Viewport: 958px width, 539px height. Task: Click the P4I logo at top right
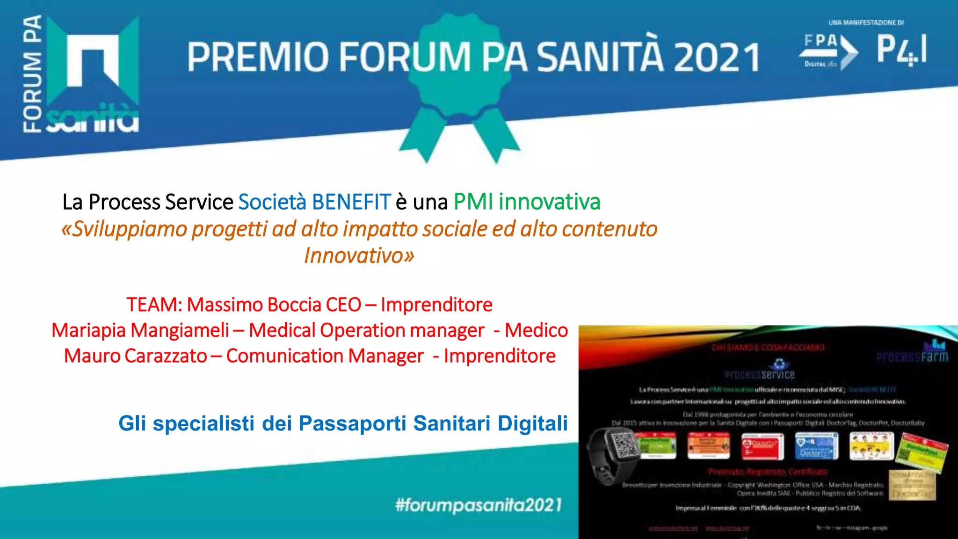coord(901,50)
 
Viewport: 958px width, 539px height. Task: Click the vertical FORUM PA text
coord(33,75)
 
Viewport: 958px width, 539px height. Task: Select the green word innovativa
coord(549,202)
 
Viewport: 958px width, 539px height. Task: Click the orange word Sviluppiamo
coord(124,229)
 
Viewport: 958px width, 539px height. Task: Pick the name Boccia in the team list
coord(294,305)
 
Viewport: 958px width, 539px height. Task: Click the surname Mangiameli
coord(180,330)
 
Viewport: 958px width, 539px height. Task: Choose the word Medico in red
coord(536,330)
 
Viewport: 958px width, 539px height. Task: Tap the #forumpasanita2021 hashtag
coord(478,505)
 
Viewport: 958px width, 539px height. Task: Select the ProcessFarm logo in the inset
coord(912,353)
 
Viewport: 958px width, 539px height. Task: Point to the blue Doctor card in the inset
coord(816,445)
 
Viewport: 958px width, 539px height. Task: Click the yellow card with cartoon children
coord(871,445)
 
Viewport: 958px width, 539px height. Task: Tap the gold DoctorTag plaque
coord(912,486)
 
